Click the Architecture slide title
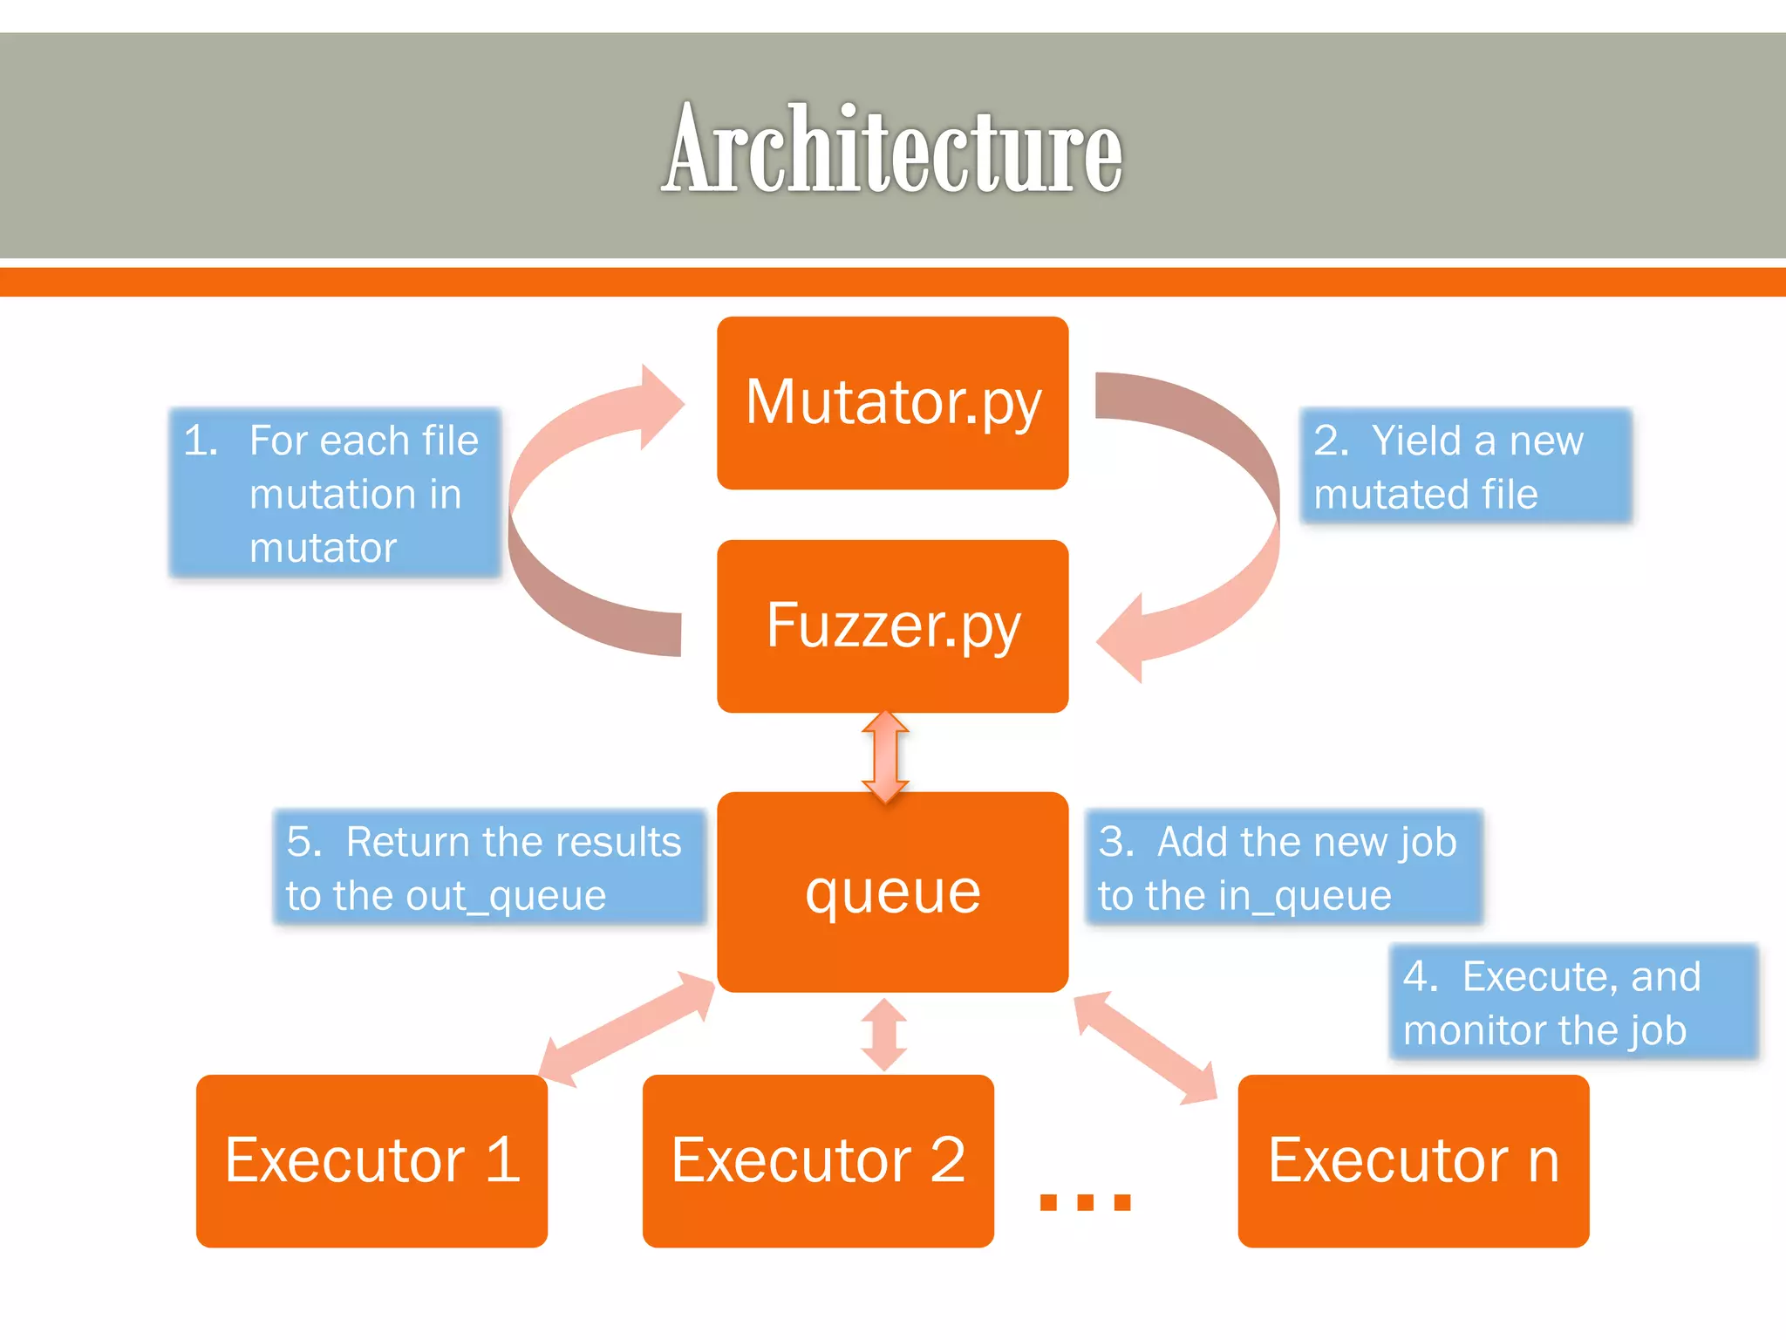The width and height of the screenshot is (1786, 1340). [x=891, y=148]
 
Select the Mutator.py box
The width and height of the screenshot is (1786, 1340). [x=892, y=403]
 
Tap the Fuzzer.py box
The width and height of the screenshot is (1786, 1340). [x=892, y=626]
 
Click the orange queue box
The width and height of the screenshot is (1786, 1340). [x=892, y=892]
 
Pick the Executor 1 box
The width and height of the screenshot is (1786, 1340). [x=372, y=1160]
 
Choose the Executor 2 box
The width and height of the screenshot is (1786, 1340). [x=817, y=1160]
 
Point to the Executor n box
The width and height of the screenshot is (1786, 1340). [x=1413, y=1160]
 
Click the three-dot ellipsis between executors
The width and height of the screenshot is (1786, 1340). [x=1085, y=1202]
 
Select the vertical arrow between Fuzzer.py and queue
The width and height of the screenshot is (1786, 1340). [x=885, y=755]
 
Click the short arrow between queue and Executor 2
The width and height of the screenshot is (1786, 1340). [x=884, y=1035]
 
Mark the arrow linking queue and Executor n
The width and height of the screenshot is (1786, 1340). [x=1145, y=1046]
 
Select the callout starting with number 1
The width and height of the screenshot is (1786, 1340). [x=335, y=493]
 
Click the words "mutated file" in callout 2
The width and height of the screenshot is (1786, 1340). [x=1425, y=495]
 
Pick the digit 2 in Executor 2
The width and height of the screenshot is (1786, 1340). [x=948, y=1160]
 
